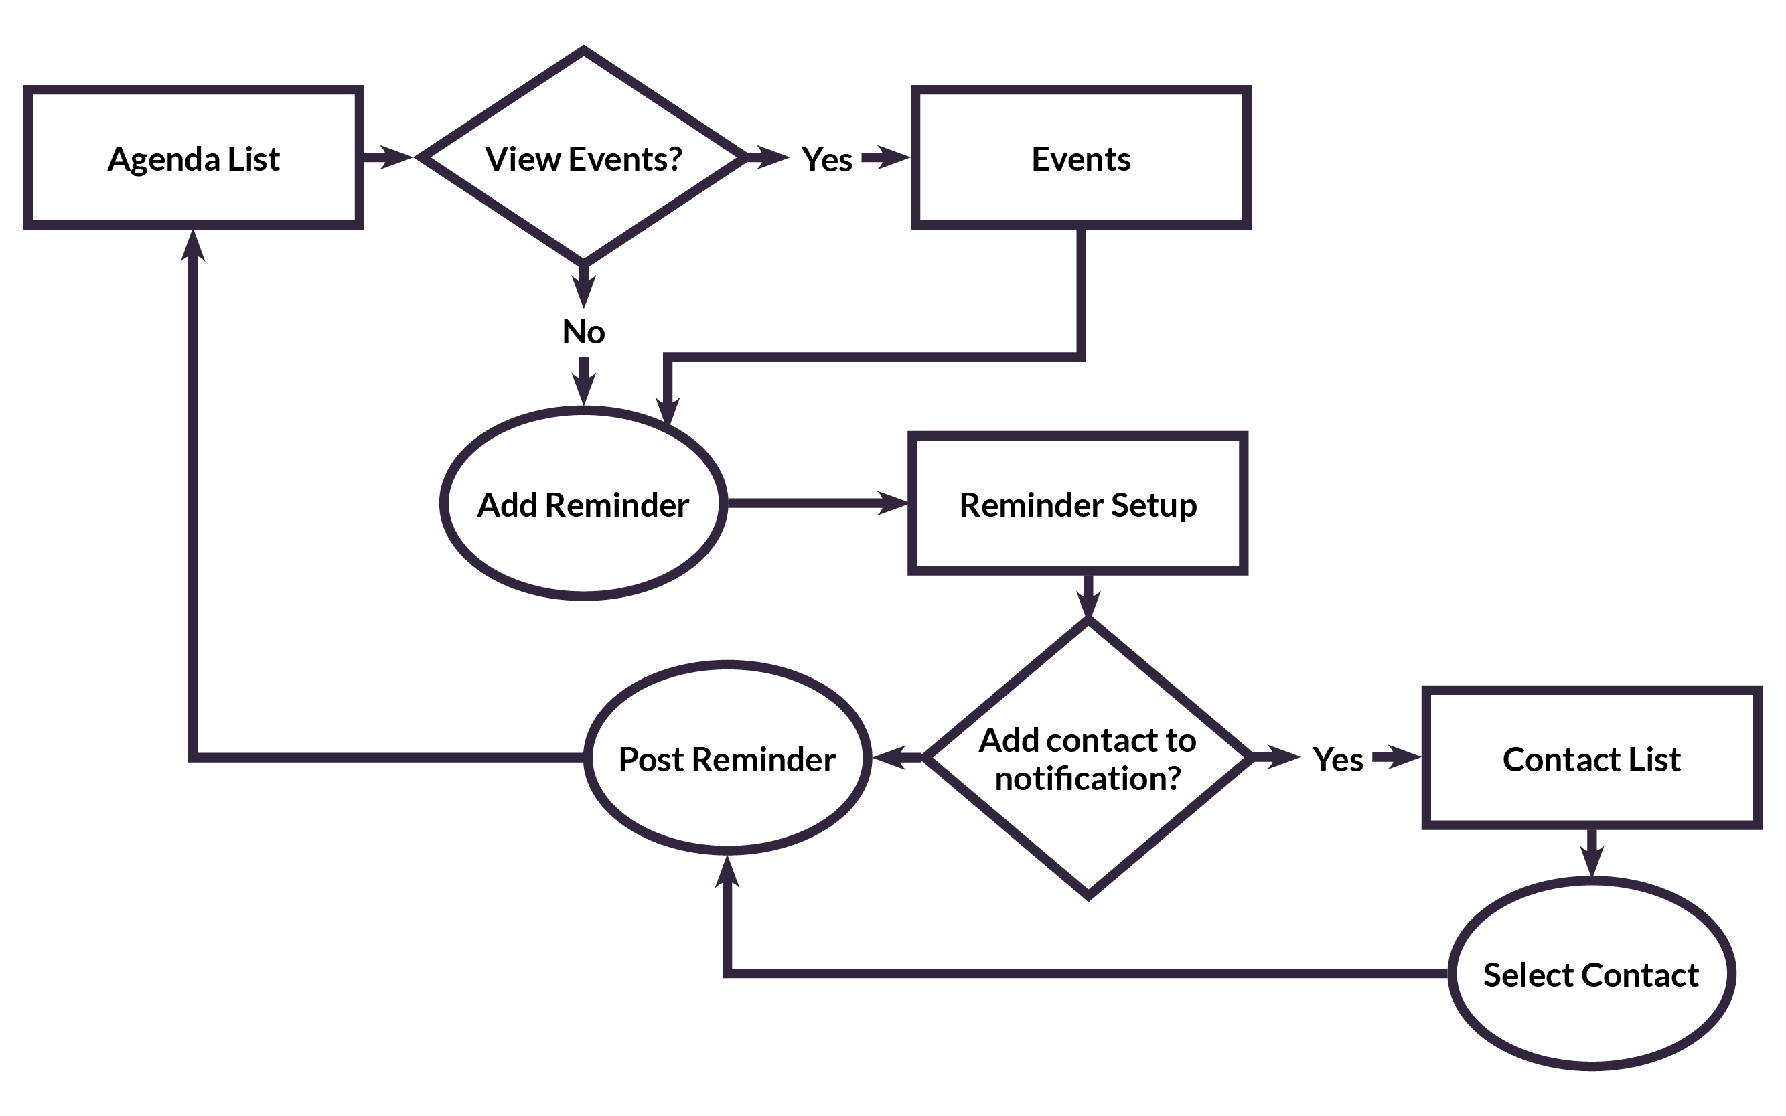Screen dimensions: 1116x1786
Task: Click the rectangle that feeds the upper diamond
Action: coord(194,157)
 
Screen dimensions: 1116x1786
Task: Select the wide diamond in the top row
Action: coord(583,157)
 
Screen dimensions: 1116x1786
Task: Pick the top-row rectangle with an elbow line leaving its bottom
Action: coord(1081,157)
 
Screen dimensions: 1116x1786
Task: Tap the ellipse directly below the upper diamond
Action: coord(583,503)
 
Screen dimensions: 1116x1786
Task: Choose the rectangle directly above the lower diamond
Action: coord(1078,503)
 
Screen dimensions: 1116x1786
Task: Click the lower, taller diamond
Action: coord(1088,757)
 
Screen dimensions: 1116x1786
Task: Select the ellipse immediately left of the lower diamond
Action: coord(727,757)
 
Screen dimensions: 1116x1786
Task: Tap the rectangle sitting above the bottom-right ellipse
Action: coord(1592,757)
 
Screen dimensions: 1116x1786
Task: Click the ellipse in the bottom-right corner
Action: coord(1592,974)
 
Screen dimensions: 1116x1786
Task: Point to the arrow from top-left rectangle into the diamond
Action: coord(388,157)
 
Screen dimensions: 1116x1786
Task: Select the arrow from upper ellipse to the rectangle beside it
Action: coord(817,503)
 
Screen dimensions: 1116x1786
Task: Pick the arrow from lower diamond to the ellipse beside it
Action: coord(896,757)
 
